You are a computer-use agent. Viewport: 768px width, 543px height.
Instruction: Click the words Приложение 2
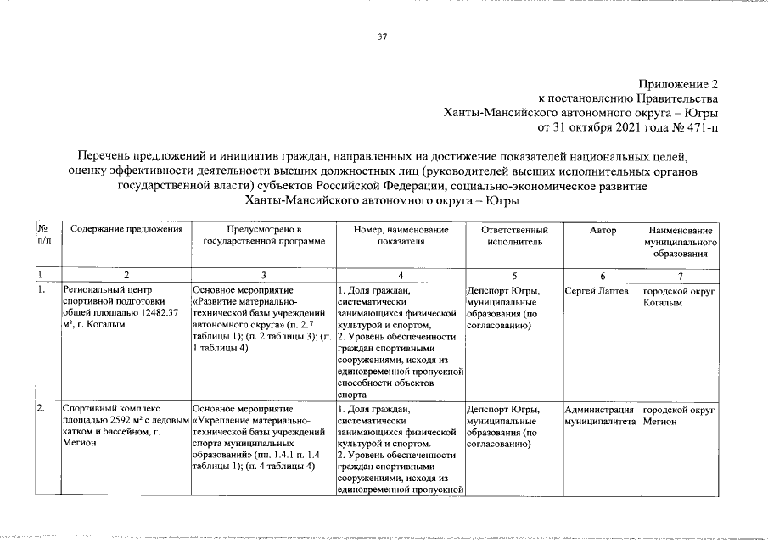tap(678, 84)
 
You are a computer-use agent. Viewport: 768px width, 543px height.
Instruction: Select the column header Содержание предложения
tap(127, 230)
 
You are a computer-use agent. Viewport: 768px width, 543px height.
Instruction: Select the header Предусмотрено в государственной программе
tap(264, 236)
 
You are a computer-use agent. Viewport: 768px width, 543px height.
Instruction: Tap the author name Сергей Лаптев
tap(597, 292)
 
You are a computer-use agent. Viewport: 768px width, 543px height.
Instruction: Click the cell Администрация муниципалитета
tap(600, 416)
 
